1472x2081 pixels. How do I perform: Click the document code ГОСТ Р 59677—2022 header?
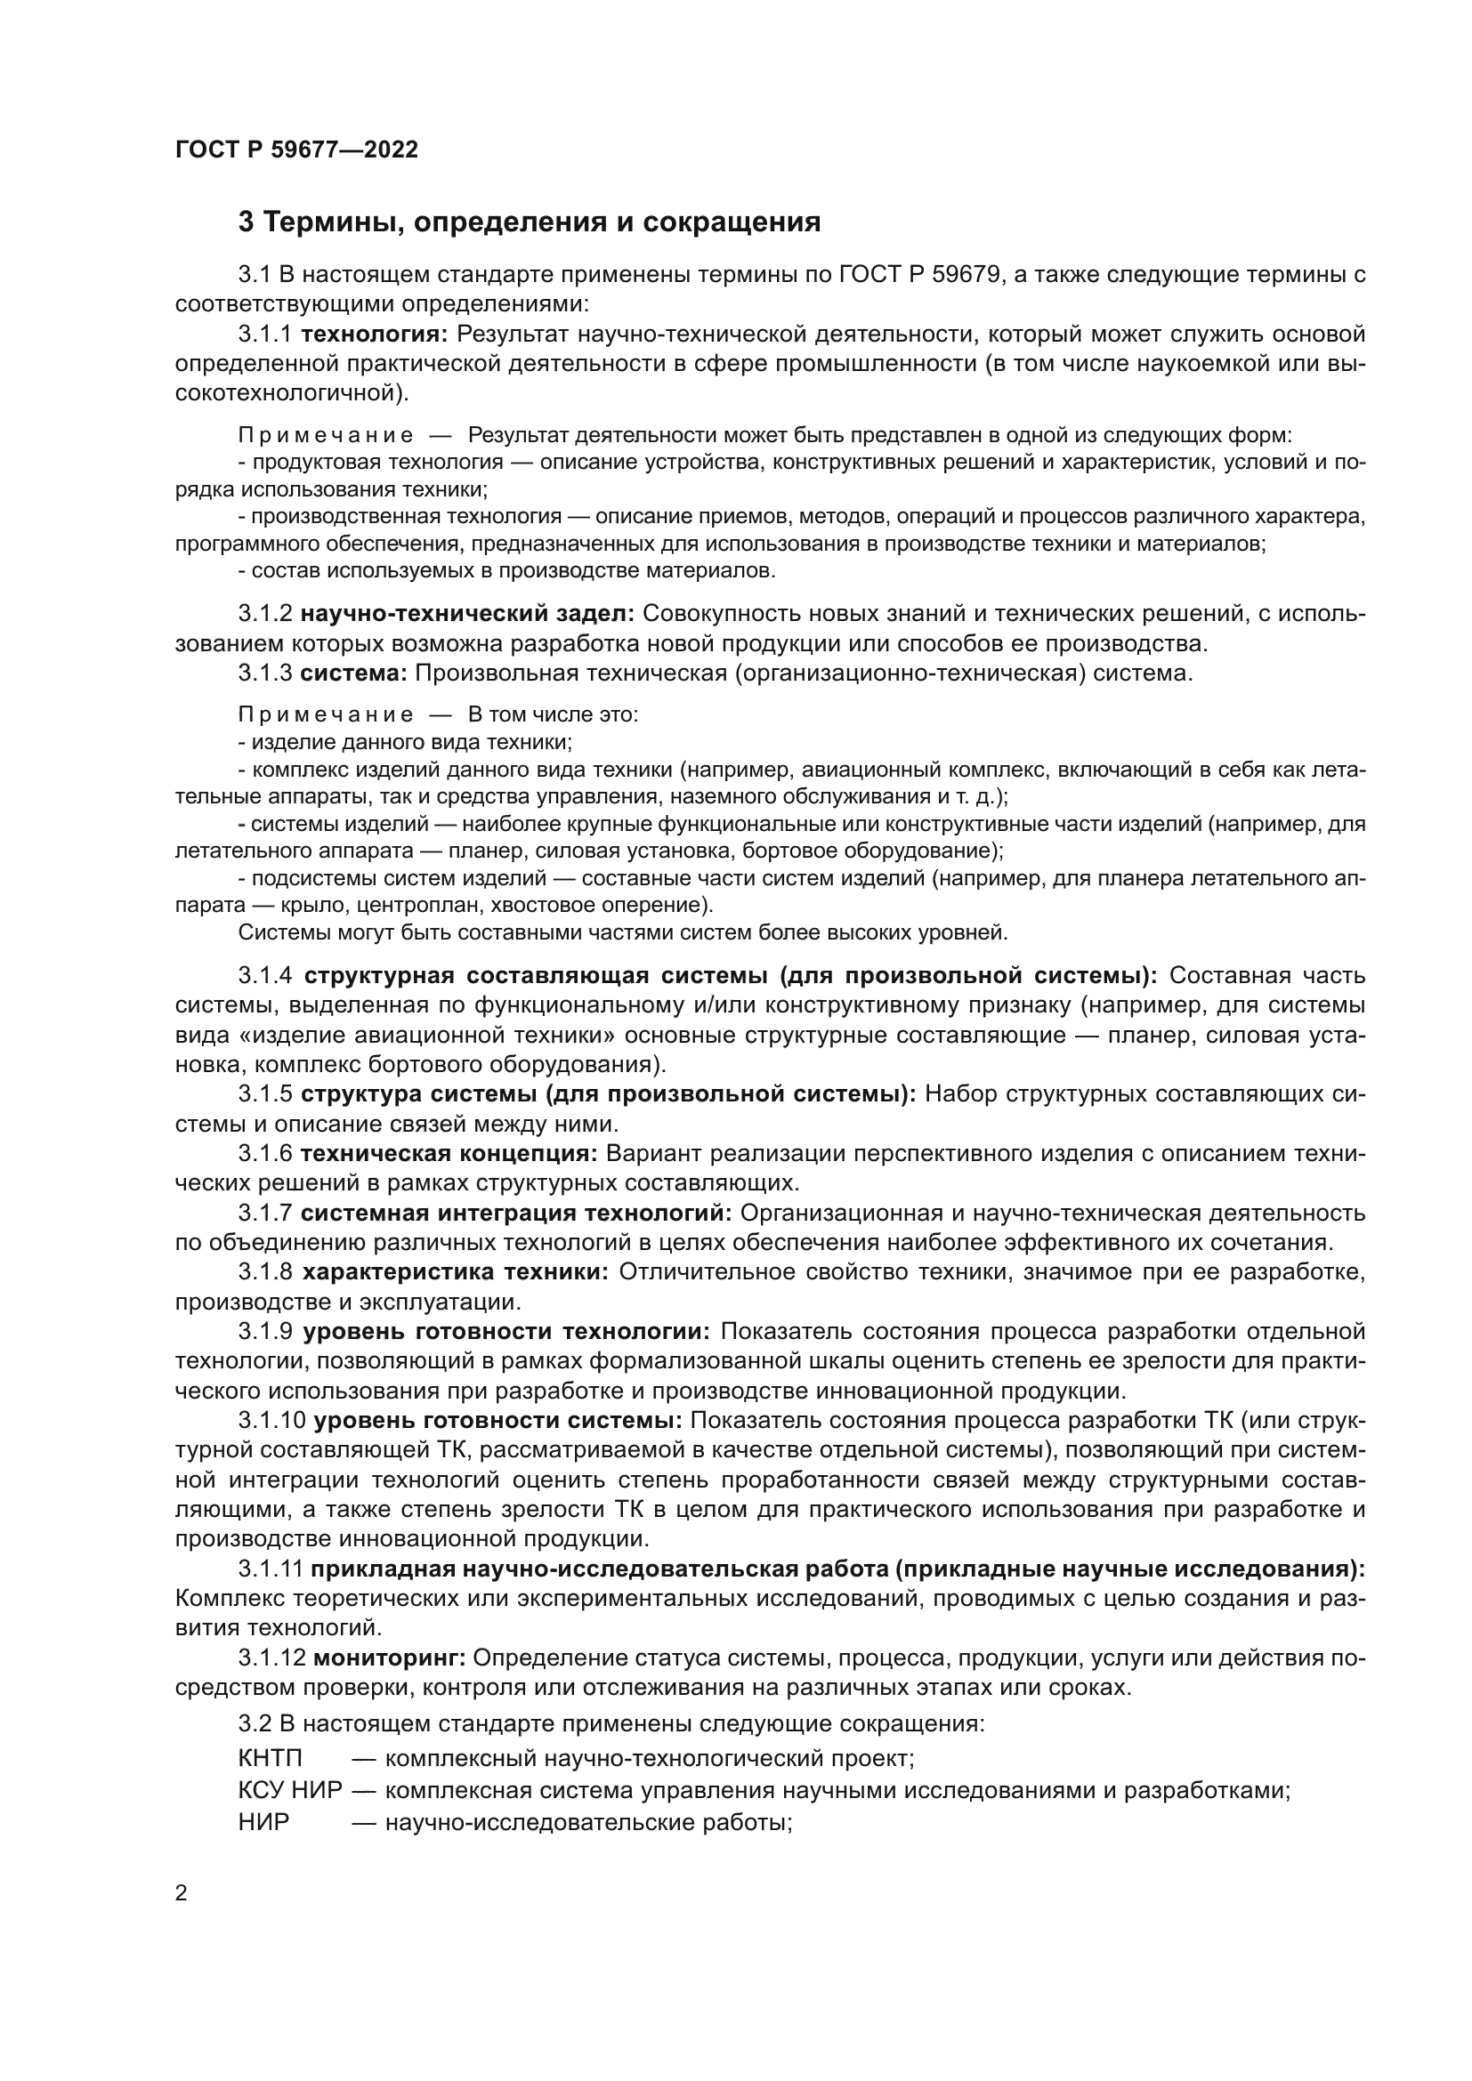tap(296, 149)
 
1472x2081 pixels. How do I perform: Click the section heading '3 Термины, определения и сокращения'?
tap(530, 222)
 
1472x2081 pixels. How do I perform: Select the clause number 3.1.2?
tap(264, 614)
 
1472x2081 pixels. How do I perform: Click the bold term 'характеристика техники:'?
tap(455, 1272)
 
